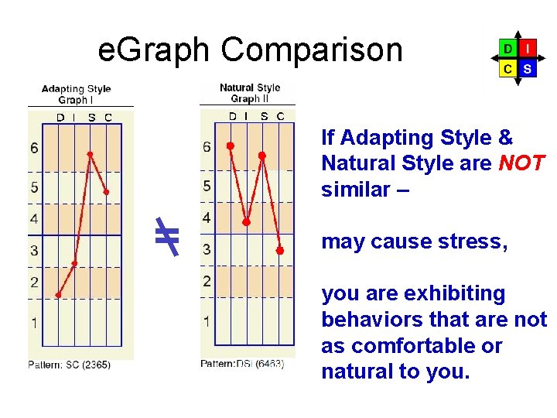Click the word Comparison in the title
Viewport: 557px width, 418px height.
coord(312,50)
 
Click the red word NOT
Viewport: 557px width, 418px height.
coord(522,163)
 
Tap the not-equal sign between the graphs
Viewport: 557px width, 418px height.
coord(166,237)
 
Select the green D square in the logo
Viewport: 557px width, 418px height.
coord(507,49)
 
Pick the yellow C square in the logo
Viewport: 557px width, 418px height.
coord(507,68)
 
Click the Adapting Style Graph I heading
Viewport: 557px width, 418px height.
coord(76,94)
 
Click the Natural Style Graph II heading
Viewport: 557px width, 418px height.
coord(249,93)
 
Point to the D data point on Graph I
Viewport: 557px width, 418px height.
coord(59,295)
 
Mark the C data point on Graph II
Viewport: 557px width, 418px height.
coord(281,250)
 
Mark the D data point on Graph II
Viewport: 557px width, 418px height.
coord(230,146)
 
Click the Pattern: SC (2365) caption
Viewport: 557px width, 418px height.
coord(70,365)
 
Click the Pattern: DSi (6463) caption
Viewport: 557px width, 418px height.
coord(242,363)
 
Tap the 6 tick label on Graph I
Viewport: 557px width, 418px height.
coord(34,148)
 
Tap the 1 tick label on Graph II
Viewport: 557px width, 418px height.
coord(207,320)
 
